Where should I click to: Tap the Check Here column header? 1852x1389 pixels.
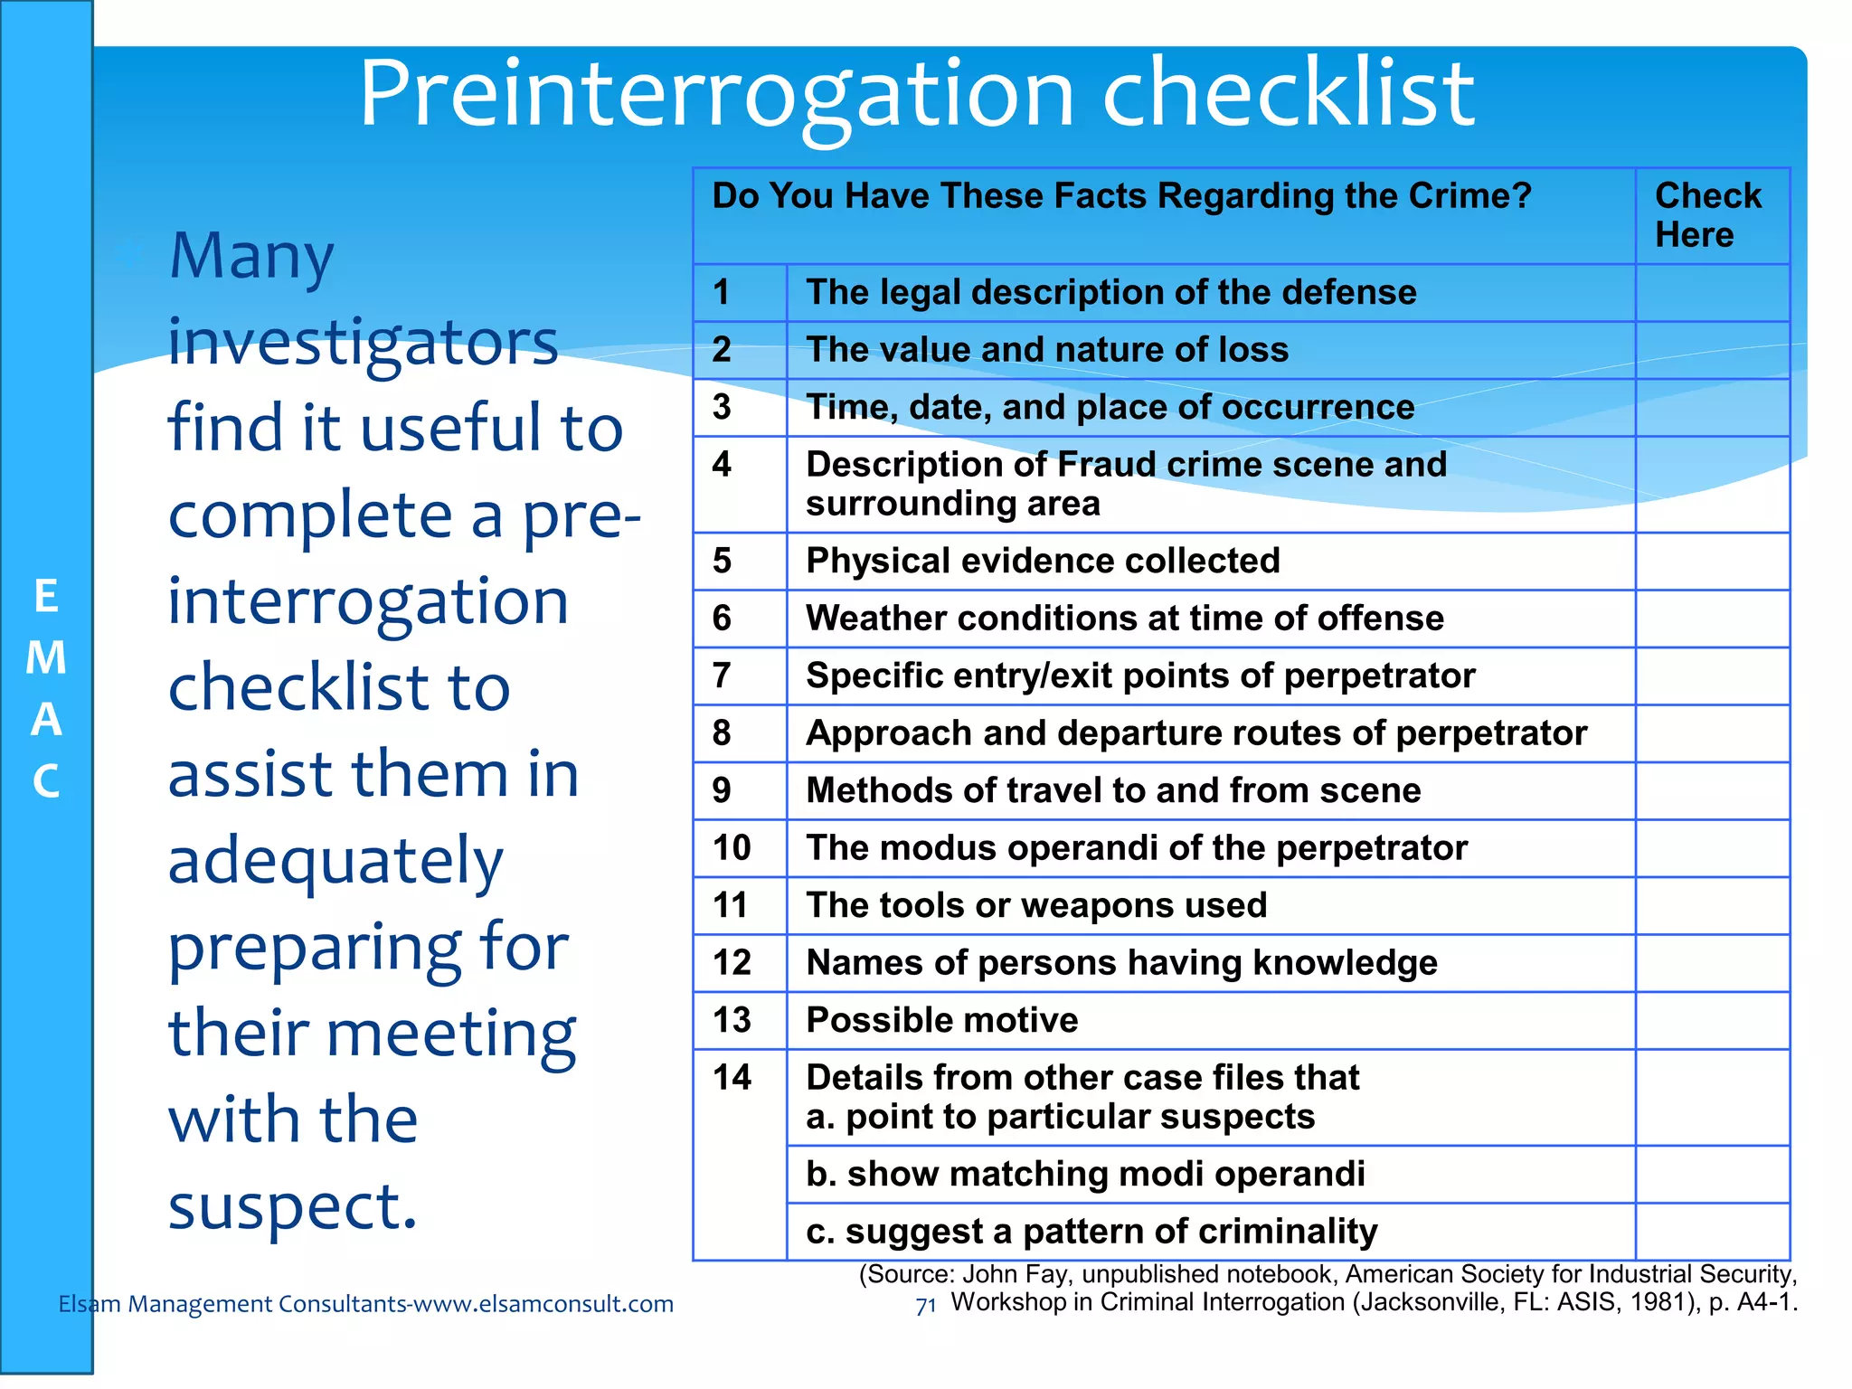(x=1707, y=215)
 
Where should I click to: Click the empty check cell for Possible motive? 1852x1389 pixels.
(x=1712, y=1020)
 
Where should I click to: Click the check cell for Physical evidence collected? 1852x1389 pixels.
(x=1712, y=561)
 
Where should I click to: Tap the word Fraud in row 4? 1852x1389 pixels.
(x=1108, y=465)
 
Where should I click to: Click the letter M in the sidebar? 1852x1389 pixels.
(x=46, y=657)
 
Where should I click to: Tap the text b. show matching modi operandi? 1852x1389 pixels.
(x=1085, y=1174)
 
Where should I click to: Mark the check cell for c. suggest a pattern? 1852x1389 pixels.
(x=1712, y=1231)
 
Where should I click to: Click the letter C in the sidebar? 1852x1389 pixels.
(x=46, y=782)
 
